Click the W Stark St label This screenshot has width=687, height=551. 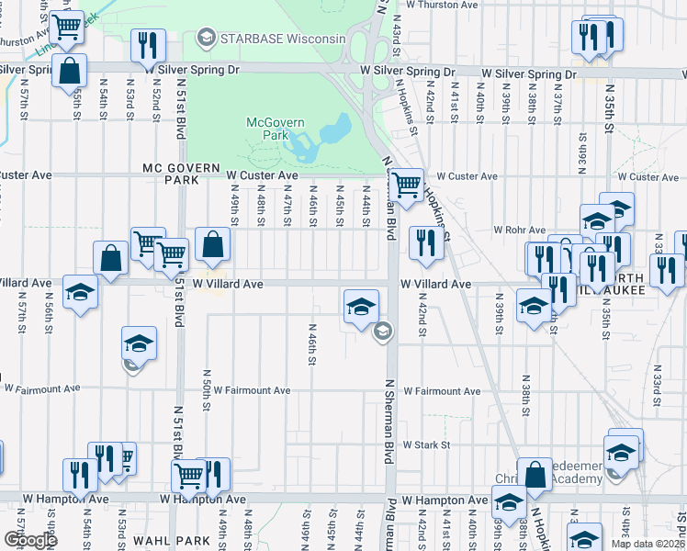click(x=424, y=444)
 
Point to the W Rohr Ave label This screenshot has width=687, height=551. click(x=519, y=230)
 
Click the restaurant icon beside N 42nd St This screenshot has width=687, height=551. click(x=424, y=243)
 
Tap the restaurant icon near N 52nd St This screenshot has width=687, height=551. click(x=146, y=46)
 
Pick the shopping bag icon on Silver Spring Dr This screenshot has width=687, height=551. click(x=70, y=70)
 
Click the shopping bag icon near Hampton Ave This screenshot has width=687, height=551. click(x=535, y=475)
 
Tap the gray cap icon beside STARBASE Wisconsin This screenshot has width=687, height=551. click(x=205, y=38)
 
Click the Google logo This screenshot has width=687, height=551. click(x=30, y=540)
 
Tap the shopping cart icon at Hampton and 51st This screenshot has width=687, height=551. click(x=188, y=476)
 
